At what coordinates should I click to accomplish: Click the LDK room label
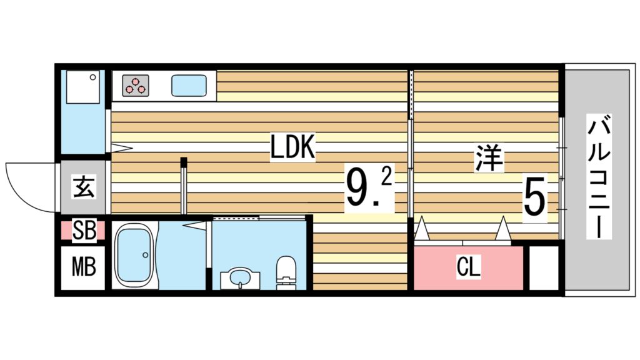292,147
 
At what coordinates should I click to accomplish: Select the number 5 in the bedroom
535,197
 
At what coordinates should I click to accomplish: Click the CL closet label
469,267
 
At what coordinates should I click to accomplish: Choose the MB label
84,267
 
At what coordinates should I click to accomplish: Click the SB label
84,231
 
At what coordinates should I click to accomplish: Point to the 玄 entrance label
84,187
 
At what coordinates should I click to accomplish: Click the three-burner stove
135,85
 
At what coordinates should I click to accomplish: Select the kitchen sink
189,85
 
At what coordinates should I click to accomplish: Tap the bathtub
134,255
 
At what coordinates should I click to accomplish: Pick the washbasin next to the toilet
240,279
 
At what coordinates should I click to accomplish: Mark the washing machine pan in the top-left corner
83,87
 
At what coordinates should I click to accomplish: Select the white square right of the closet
543,267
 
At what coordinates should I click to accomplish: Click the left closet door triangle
422,229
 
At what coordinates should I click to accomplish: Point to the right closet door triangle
503,229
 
